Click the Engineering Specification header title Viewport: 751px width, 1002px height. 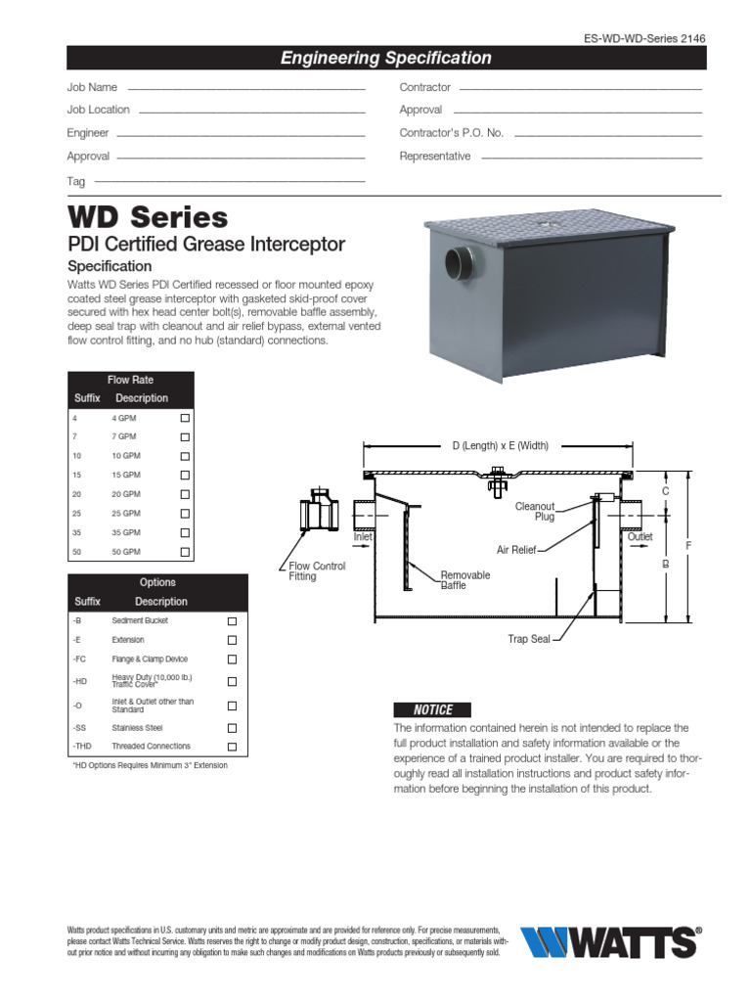[x=386, y=58]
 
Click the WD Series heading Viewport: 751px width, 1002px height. [x=148, y=216]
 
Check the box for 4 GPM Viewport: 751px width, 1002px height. [x=184, y=418]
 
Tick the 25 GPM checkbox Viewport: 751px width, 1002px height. [x=184, y=513]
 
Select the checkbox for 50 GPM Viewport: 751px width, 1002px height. [x=184, y=552]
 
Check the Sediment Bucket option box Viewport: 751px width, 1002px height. [x=232, y=621]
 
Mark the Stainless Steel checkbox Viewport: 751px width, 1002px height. [x=232, y=728]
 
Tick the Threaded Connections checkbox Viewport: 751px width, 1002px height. [x=232, y=747]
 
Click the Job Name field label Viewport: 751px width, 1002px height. [x=92, y=87]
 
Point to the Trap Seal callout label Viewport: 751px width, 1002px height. [x=529, y=639]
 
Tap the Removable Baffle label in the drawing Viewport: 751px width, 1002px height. [x=464, y=580]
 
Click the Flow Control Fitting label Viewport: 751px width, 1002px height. [x=317, y=571]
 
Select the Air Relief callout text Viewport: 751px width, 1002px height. [x=516, y=550]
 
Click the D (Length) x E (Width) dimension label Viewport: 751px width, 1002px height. [x=500, y=446]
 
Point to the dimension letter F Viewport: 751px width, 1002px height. [x=688, y=544]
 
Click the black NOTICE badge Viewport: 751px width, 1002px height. [x=430, y=709]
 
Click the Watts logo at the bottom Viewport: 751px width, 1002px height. [x=611, y=941]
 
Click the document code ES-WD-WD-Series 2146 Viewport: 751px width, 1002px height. [x=643, y=38]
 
